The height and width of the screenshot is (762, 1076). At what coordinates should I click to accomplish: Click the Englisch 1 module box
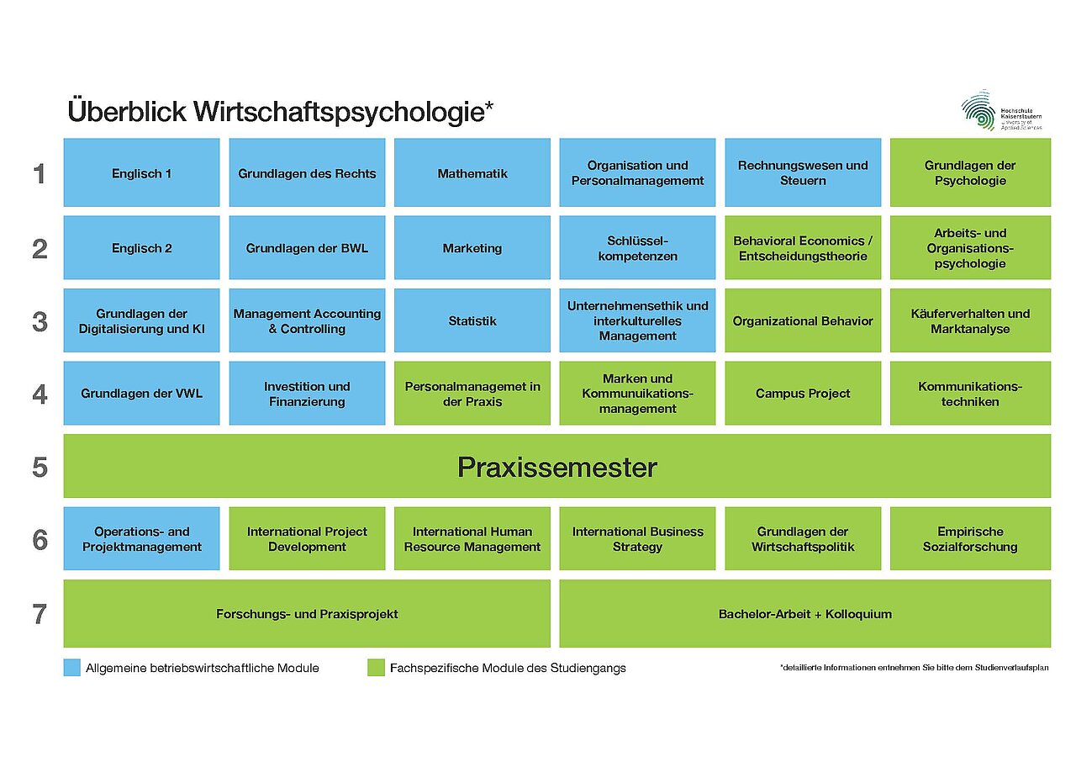pyautogui.click(x=141, y=173)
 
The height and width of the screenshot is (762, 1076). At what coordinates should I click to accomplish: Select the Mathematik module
pyautogui.click(x=472, y=173)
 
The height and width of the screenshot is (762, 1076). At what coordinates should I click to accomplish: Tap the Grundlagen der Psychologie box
pyautogui.click(x=970, y=173)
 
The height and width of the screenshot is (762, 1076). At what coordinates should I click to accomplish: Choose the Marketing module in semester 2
pyautogui.click(x=472, y=248)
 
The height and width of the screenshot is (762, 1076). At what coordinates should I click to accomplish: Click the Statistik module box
pyautogui.click(x=472, y=320)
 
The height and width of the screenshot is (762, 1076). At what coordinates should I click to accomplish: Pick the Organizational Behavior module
pyautogui.click(x=803, y=320)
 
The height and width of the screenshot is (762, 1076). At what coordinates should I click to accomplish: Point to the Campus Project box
pyautogui.click(x=803, y=393)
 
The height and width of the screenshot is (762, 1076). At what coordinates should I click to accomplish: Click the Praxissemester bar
pyautogui.click(x=556, y=467)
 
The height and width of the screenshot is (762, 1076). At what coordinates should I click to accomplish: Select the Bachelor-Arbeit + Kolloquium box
pyautogui.click(x=804, y=614)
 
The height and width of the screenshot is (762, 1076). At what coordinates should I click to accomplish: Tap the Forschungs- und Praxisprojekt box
pyautogui.click(x=307, y=614)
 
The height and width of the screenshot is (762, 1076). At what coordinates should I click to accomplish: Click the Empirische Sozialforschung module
pyautogui.click(x=970, y=539)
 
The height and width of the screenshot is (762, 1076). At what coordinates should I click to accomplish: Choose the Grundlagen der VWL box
pyautogui.click(x=141, y=393)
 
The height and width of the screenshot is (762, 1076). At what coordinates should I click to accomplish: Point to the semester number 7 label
pyautogui.click(x=40, y=615)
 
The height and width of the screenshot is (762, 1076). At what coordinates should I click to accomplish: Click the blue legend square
pyautogui.click(x=72, y=668)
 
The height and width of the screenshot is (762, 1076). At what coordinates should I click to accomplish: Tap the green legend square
pyautogui.click(x=377, y=668)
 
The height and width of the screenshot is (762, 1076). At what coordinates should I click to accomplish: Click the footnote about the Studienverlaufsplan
pyautogui.click(x=914, y=668)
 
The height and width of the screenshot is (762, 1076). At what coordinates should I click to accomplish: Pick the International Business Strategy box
pyautogui.click(x=637, y=539)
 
